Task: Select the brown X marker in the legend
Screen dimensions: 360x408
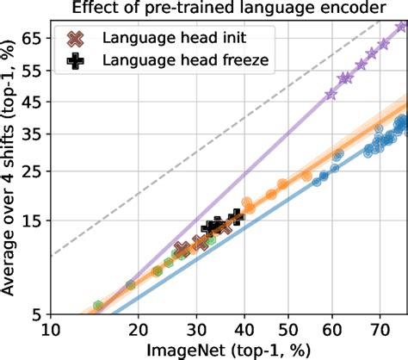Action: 77,40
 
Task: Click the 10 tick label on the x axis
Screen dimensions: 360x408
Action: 51,329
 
